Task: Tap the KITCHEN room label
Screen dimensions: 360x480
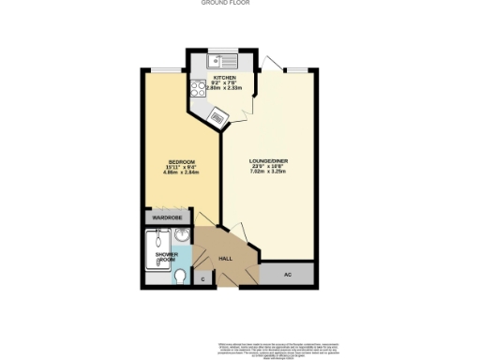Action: [225, 78]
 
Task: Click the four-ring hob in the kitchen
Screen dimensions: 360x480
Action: [199, 89]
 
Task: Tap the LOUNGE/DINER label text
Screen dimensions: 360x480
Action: [268, 161]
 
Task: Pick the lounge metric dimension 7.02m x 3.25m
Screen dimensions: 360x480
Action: [268, 172]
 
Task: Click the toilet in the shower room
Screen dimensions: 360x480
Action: [180, 276]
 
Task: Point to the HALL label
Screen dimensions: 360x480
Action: [225, 258]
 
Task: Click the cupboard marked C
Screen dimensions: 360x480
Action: [203, 278]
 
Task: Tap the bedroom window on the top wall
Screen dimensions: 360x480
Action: [168, 71]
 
